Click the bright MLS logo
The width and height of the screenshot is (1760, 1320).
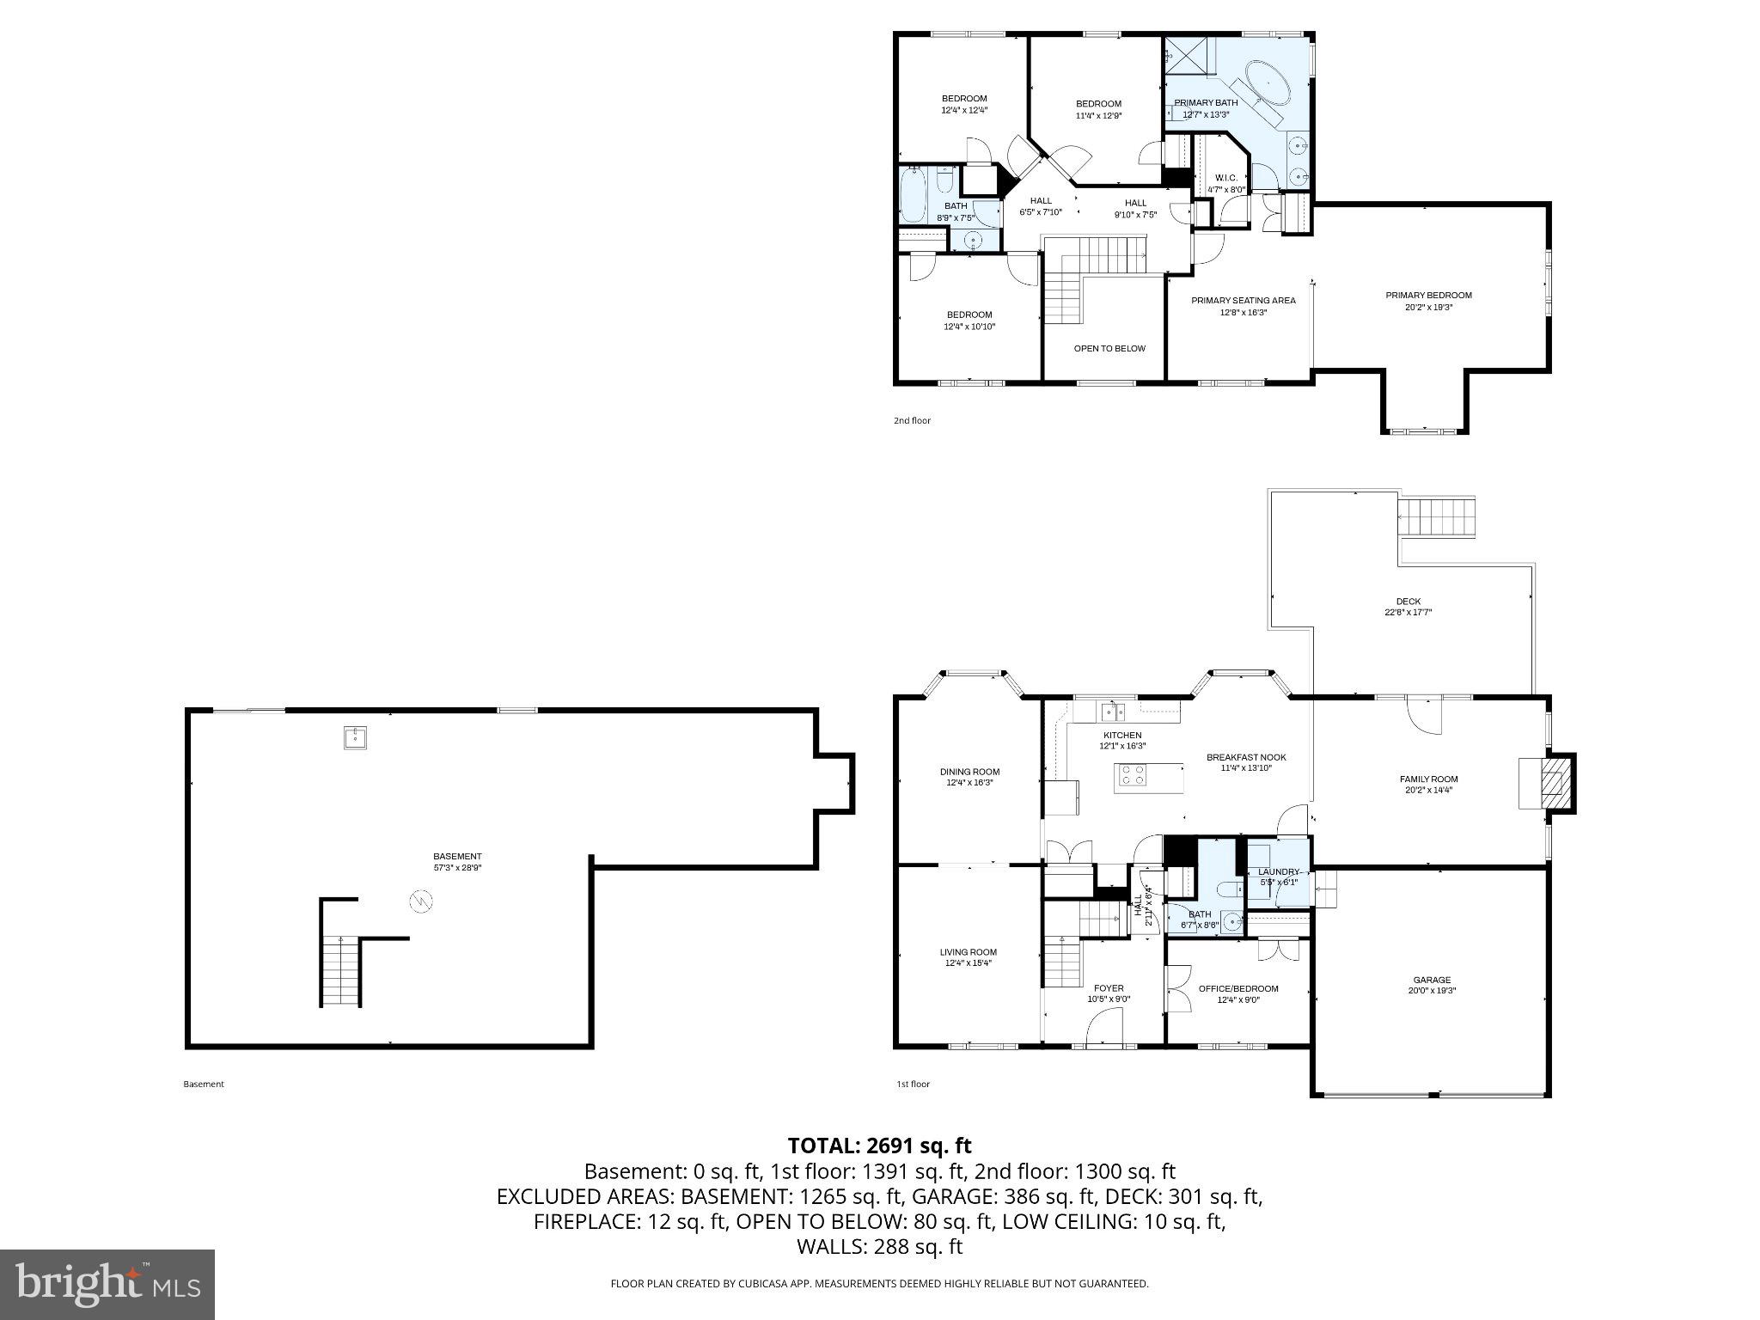[x=107, y=1283]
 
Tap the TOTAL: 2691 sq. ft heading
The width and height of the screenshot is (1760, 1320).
[x=879, y=1146]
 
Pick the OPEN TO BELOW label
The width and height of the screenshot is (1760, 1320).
[x=1109, y=349]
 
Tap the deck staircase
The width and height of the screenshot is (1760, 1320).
[x=1436, y=516]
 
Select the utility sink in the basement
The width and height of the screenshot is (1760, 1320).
[x=356, y=737]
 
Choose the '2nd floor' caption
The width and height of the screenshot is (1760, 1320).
[x=912, y=421]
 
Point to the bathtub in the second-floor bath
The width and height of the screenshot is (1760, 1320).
[x=912, y=195]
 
